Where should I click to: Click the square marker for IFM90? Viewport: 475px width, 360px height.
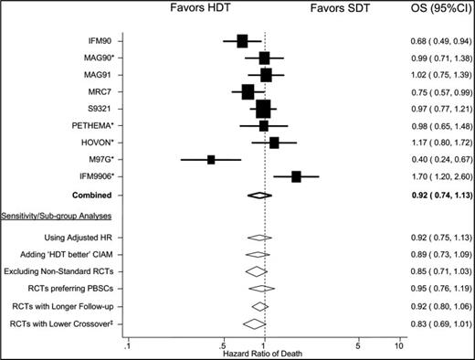click(x=242, y=41)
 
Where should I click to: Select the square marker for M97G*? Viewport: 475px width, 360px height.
click(x=211, y=159)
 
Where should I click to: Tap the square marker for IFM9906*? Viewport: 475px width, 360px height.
click(x=296, y=175)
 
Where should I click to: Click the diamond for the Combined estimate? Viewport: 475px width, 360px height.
click(x=259, y=196)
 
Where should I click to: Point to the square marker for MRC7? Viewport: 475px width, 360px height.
click(x=248, y=91)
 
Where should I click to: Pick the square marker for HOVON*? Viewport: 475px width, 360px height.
click(x=274, y=143)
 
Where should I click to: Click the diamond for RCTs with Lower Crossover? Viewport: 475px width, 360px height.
click(x=253, y=323)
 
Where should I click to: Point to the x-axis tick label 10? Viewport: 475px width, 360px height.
click(x=398, y=346)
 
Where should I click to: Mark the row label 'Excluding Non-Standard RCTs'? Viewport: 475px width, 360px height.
click(x=61, y=272)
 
